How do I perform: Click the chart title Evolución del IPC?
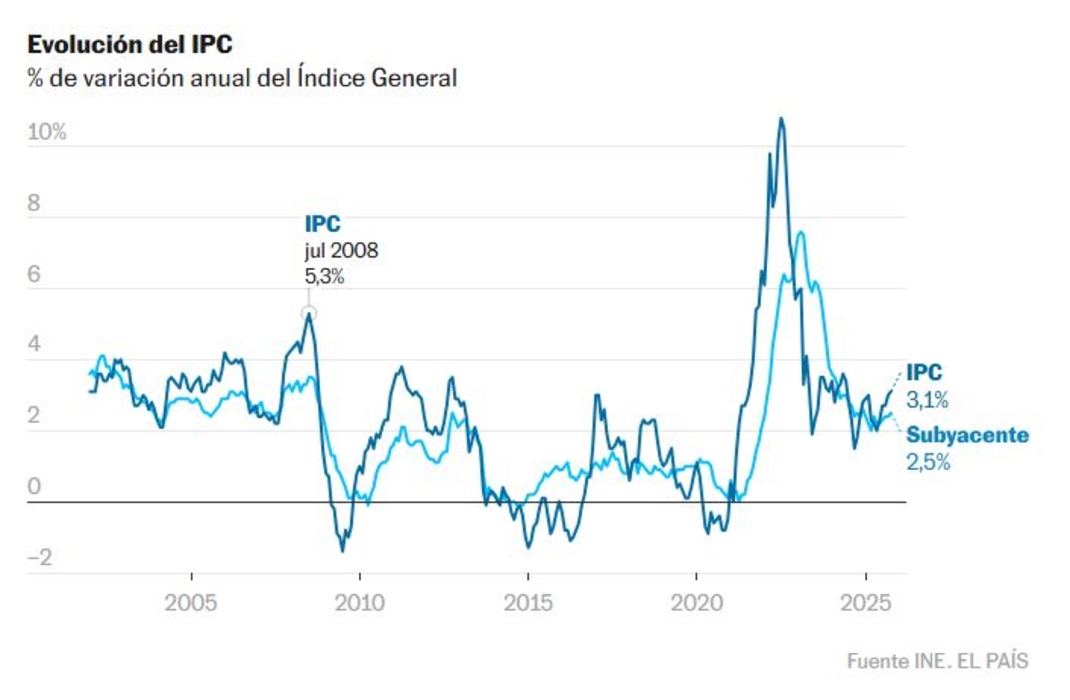coord(131,45)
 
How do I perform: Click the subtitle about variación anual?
coord(242,79)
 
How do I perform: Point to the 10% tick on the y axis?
coord(46,132)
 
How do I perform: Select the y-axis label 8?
coord(34,204)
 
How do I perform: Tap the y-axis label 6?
coord(34,275)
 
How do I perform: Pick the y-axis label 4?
coord(34,346)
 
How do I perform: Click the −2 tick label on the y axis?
coord(40,558)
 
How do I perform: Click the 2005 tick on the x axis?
coord(191,605)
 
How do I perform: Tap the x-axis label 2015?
coord(528,605)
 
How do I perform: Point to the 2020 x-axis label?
coord(697,605)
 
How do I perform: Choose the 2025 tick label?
coord(865,605)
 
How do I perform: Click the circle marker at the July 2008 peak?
coord(309,315)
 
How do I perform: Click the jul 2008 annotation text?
coord(341,251)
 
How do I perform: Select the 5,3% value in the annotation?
coord(324,277)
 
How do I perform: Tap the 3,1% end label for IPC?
coord(927,400)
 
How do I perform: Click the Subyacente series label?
coord(967,436)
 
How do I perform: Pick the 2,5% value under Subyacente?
coord(928,462)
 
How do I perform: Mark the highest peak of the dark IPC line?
coord(781,119)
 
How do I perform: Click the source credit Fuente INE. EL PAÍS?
coord(937,661)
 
